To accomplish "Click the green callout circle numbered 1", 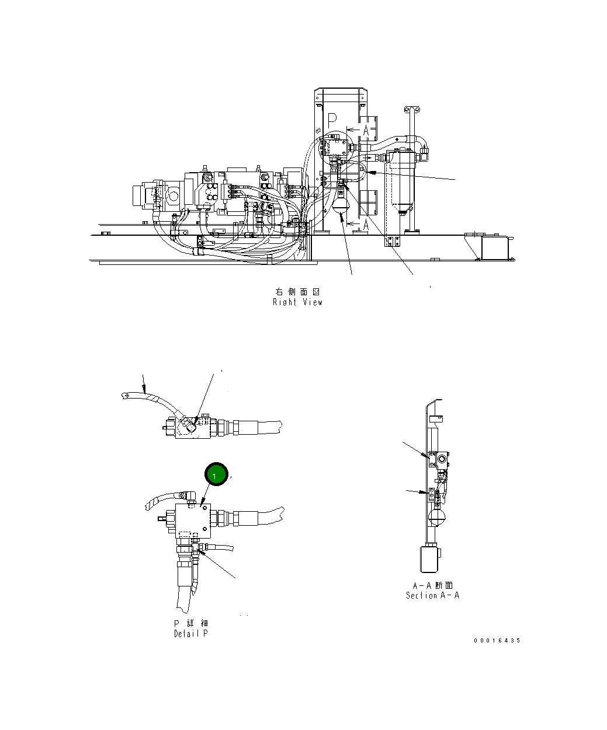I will click(x=215, y=476).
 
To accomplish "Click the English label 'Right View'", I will click(x=297, y=302).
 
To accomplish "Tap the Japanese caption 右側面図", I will click(x=297, y=291).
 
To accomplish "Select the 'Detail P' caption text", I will click(x=190, y=634).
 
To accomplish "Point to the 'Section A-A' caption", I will click(x=432, y=596).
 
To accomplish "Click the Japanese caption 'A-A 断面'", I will click(x=432, y=585).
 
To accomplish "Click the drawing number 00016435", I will click(x=497, y=641).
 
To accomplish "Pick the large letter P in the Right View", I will click(x=332, y=120).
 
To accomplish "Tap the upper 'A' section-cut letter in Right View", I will click(x=366, y=131).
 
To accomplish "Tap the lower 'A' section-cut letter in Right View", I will click(x=366, y=224).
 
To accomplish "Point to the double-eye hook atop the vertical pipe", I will click(x=412, y=109).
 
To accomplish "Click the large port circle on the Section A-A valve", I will click(x=441, y=460).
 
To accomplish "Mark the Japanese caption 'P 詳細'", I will click(x=190, y=623).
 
